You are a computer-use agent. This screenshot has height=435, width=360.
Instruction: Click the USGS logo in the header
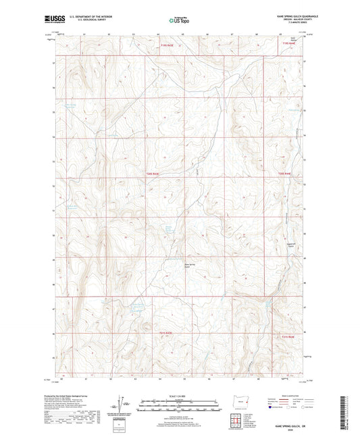click(49, 20)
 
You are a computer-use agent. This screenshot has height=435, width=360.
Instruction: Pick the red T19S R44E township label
click(289, 45)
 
